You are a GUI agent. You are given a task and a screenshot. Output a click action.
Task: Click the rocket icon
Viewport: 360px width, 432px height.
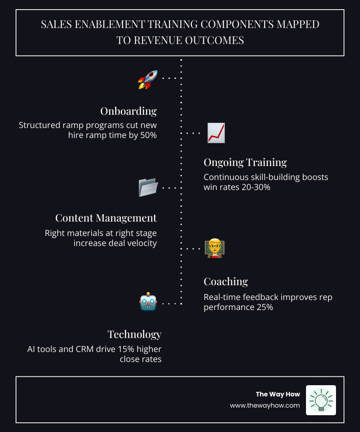[x=148, y=80]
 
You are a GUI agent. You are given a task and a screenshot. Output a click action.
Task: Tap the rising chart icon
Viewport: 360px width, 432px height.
[x=216, y=133]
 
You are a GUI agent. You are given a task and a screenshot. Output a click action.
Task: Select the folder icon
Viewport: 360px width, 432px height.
[x=148, y=188]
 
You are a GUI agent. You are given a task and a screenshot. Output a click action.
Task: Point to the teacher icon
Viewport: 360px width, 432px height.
[x=214, y=248]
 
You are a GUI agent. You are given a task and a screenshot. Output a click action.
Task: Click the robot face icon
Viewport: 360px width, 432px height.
[x=148, y=302]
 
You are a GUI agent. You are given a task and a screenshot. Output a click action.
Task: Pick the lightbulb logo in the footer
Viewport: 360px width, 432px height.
[x=321, y=400]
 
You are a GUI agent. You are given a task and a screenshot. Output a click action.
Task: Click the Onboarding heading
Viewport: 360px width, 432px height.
[x=128, y=111]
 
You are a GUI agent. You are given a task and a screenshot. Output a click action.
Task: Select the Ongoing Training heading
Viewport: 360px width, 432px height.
[x=245, y=162]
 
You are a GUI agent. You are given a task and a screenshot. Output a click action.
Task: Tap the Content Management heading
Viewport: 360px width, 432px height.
[x=106, y=218]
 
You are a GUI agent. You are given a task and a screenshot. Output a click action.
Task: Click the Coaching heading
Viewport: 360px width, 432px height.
[x=226, y=282]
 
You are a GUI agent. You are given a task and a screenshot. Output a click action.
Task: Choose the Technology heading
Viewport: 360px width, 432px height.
[x=134, y=334]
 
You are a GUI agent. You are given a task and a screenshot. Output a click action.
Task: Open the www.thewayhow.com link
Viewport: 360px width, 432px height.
[x=265, y=405]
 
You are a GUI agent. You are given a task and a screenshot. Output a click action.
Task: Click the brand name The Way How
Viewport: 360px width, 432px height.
[x=278, y=394]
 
